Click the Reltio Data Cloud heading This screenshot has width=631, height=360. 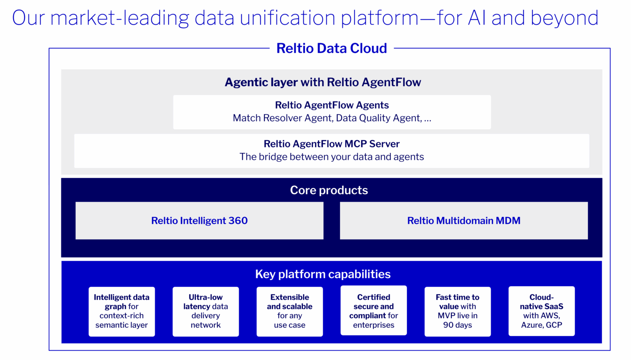click(x=331, y=48)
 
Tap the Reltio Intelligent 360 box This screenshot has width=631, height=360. click(x=199, y=221)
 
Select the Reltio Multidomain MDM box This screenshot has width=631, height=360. click(x=464, y=221)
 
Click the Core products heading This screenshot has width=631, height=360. click(x=329, y=190)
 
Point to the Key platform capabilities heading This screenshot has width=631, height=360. click(x=323, y=274)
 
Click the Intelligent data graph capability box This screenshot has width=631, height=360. click(x=122, y=311)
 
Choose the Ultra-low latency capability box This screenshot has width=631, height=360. click(x=206, y=311)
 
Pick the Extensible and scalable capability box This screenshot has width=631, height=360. click(x=289, y=311)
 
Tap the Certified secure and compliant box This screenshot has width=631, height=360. click(x=373, y=310)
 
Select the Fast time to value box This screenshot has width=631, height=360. click(x=458, y=311)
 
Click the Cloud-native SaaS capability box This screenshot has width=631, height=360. click(x=541, y=311)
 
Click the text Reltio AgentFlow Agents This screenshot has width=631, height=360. click(x=332, y=105)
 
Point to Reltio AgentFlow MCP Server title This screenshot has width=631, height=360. click(x=332, y=144)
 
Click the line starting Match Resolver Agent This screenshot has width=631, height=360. click(x=332, y=118)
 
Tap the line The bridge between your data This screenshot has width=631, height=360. click(x=332, y=157)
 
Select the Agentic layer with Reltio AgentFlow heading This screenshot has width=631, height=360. click(x=323, y=82)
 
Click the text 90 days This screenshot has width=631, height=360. click(x=458, y=325)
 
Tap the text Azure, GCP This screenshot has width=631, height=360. click(x=541, y=325)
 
